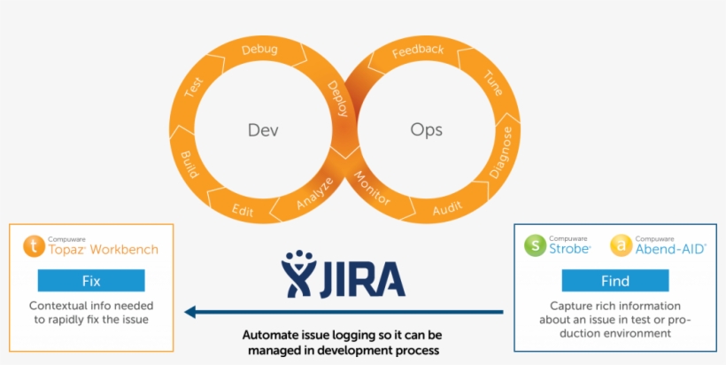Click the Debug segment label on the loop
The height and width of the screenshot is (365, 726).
coord(259,50)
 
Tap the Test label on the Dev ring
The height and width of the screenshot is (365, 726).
coord(193,89)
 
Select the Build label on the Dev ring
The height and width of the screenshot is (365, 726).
coord(189,166)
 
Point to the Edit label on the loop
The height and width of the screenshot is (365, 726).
coord(243,210)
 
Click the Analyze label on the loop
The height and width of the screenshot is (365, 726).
coord(314,194)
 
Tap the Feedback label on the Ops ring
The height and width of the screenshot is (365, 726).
coord(418,50)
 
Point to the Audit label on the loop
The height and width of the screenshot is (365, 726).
coord(446,210)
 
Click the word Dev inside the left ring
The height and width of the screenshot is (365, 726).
coord(263,130)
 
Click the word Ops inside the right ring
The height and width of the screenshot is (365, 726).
coord(426,130)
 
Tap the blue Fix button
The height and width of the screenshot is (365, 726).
coord(90,281)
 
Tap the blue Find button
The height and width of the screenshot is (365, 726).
coord(615,281)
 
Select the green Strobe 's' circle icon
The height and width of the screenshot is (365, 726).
coord(535,245)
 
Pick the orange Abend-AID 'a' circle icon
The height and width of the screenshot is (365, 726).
coord(622,245)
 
